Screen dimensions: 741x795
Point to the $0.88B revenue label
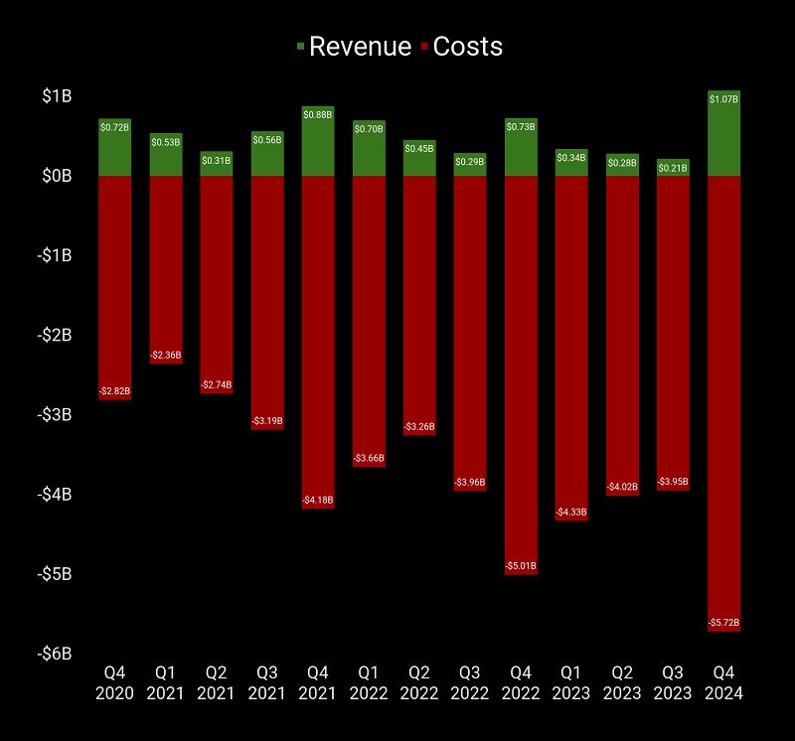318,113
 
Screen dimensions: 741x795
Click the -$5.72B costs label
724,623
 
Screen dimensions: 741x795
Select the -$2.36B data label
166,355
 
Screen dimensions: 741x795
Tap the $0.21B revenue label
673,167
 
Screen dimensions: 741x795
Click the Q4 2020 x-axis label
115,682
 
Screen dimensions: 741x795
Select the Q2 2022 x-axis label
419,682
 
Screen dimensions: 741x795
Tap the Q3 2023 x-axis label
673,682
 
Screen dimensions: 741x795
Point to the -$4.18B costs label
318,500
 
